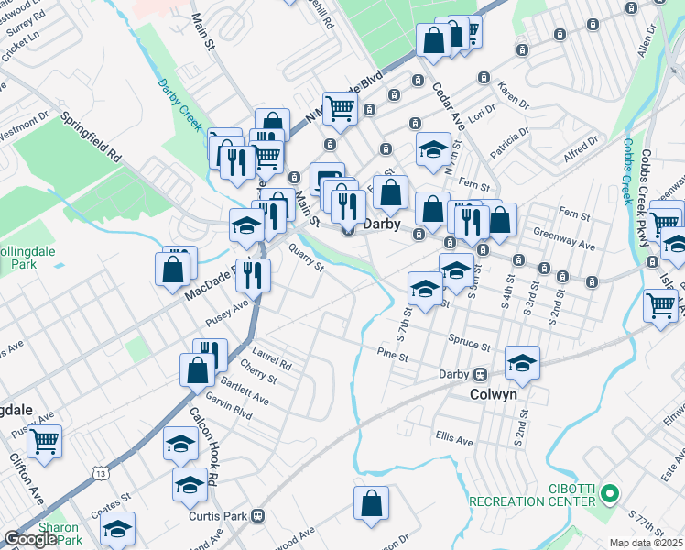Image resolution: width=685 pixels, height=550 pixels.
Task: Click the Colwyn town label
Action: pos(494,394)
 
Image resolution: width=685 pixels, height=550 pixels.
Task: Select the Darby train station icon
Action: pos(479,374)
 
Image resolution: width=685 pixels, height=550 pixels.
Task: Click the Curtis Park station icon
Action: pos(258,516)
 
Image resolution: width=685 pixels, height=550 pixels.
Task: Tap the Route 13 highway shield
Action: pos(98,471)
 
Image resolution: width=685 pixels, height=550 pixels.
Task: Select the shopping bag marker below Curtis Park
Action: pos(371,503)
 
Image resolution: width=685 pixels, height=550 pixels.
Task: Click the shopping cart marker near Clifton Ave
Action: pos(44,441)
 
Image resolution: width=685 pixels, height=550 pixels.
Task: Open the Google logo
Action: pos(30,539)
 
